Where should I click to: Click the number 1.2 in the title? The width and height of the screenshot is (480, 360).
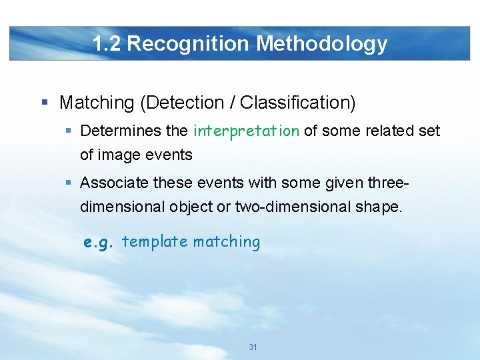coord(107,44)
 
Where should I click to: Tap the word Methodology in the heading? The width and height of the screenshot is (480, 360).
coord(322,44)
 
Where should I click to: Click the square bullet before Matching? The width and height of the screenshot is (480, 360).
coord(45,103)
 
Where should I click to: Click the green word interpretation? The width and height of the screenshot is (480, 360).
coord(246,131)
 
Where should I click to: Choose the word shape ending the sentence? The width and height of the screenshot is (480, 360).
coord(379,207)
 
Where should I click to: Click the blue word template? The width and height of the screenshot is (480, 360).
coord(155,241)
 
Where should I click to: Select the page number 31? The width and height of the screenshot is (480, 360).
coord(253,347)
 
